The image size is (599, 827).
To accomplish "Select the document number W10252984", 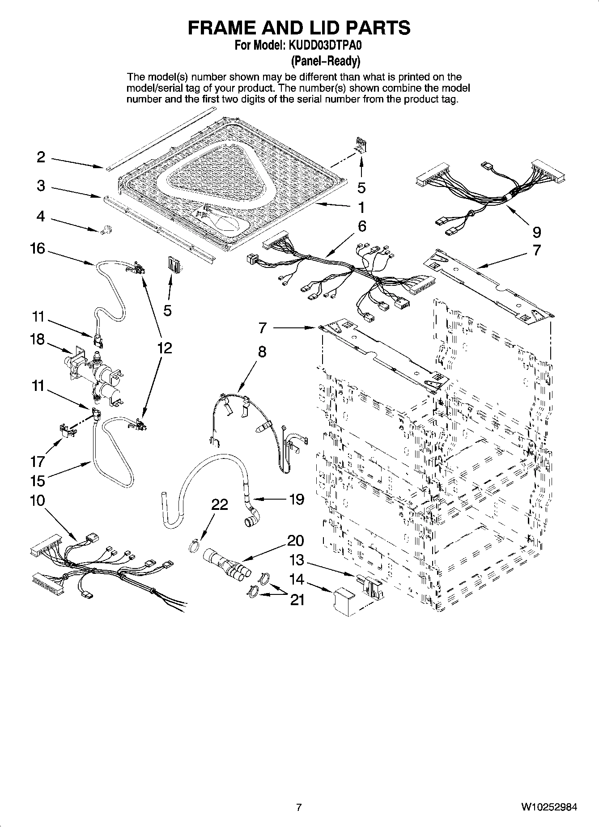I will tap(548, 807).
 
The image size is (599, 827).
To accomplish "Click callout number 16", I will tap(38, 248).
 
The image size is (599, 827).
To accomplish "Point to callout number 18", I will tap(38, 339).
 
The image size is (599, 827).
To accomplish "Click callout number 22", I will tap(220, 505).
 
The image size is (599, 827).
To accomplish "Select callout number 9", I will tap(537, 232).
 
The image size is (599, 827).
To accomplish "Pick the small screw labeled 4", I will tap(107, 231).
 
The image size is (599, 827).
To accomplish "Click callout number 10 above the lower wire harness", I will tap(38, 500).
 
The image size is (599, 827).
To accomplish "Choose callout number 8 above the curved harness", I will tap(262, 352).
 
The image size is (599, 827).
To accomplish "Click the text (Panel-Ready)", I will tap(325, 60).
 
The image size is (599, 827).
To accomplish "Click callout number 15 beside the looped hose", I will tap(38, 481).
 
